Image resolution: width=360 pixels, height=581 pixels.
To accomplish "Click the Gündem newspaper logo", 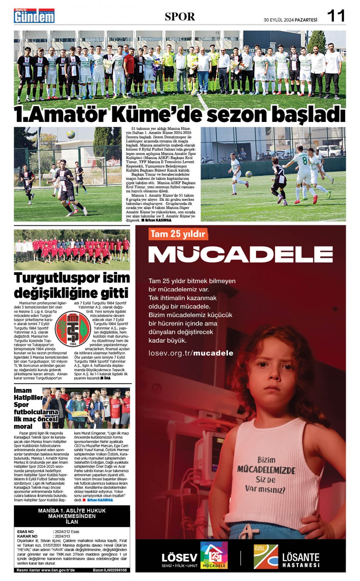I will pos(34,16).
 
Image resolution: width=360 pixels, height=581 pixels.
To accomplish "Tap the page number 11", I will pos(336,16).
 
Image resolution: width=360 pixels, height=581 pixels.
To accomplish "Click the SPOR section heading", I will pos(180,17).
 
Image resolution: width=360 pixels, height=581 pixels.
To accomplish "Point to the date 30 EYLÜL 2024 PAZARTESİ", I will pos(290,20).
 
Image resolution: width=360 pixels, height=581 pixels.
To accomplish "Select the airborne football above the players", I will pos(71,135).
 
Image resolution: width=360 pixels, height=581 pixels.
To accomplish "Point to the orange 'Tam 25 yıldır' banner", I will pos(178,234).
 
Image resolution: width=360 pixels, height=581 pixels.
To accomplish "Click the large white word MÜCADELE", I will pos(240,254).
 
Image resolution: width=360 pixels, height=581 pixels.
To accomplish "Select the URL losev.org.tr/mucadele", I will pos(191,353).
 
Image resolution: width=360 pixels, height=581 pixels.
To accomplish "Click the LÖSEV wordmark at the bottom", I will pos(179,558).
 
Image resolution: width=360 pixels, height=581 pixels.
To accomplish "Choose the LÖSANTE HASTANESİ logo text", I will pos(301,560).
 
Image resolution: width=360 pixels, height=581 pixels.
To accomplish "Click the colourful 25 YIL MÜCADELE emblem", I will pos(214,555).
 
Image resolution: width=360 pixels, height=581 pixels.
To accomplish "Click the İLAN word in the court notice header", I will pos(72,522).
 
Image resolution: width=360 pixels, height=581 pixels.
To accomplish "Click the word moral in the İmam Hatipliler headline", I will pos(23,426).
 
